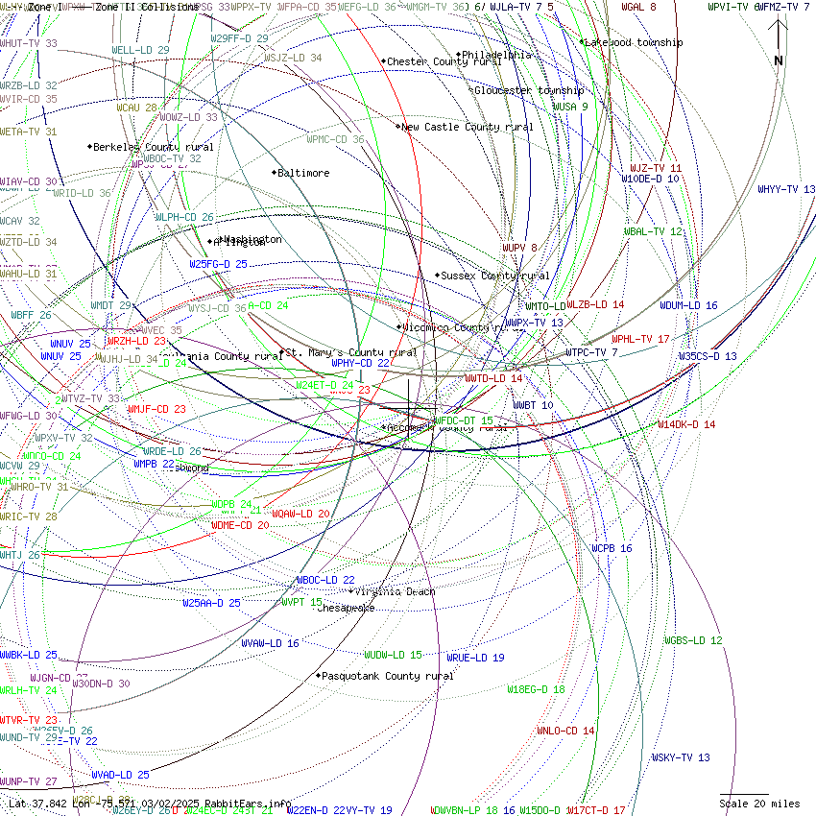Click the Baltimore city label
tap(302, 174)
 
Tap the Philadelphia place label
tap(496, 56)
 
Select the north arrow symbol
tap(779, 43)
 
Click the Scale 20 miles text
tap(759, 804)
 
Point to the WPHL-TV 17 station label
tap(640, 339)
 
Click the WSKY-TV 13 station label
tap(681, 757)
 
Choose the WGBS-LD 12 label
tap(693, 640)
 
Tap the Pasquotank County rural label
tap(387, 676)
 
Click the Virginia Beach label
tap(395, 591)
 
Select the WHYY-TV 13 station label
tap(786, 189)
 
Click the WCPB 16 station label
tap(612, 548)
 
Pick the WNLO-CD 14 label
tap(565, 731)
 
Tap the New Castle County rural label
tap(467, 127)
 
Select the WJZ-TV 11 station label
tap(656, 168)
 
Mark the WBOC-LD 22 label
tap(325, 580)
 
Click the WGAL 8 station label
tap(638, 7)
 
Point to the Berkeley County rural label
tap(153, 147)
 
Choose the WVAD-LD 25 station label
tap(120, 775)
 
